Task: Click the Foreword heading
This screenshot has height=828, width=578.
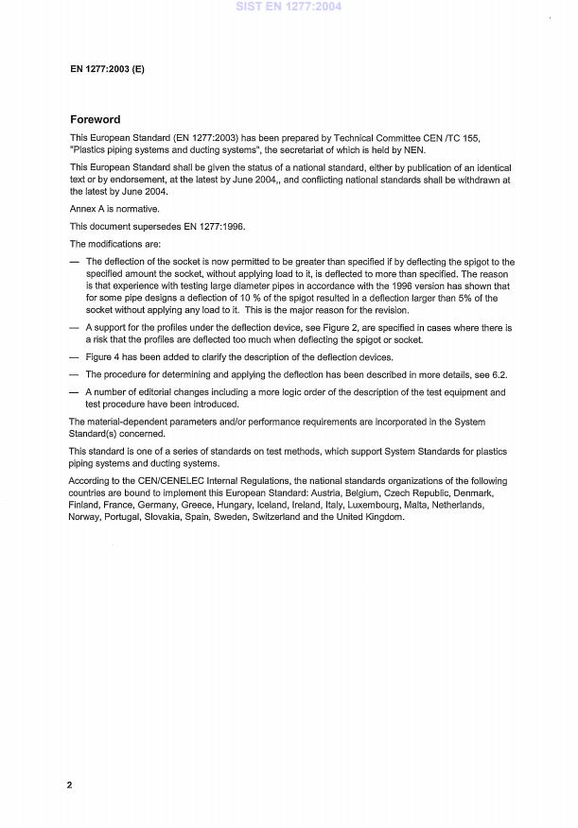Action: click(96, 120)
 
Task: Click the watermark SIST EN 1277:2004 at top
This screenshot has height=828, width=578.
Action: click(289, 7)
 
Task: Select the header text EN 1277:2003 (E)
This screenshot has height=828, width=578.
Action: click(107, 70)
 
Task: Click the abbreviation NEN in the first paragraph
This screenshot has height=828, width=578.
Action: click(413, 149)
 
